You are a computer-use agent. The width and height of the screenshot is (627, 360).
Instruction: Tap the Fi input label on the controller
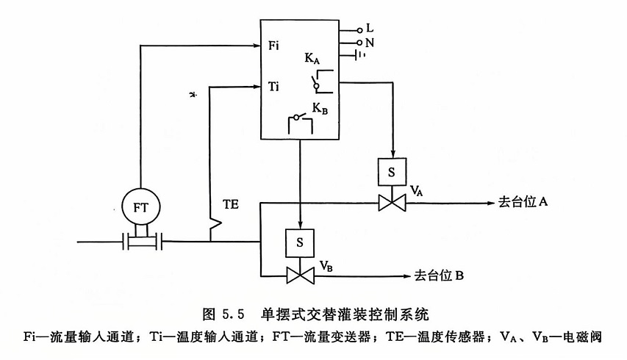(274, 46)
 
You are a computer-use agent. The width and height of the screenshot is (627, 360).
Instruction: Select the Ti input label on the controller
(274, 87)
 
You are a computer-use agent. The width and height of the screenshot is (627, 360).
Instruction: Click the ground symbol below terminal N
(360, 55)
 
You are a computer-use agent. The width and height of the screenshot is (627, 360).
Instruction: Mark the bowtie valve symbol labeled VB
(298, 276)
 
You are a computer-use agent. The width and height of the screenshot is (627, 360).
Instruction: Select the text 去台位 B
(438, 276)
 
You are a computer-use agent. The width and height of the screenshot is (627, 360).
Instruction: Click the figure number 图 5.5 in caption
(221, 314)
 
